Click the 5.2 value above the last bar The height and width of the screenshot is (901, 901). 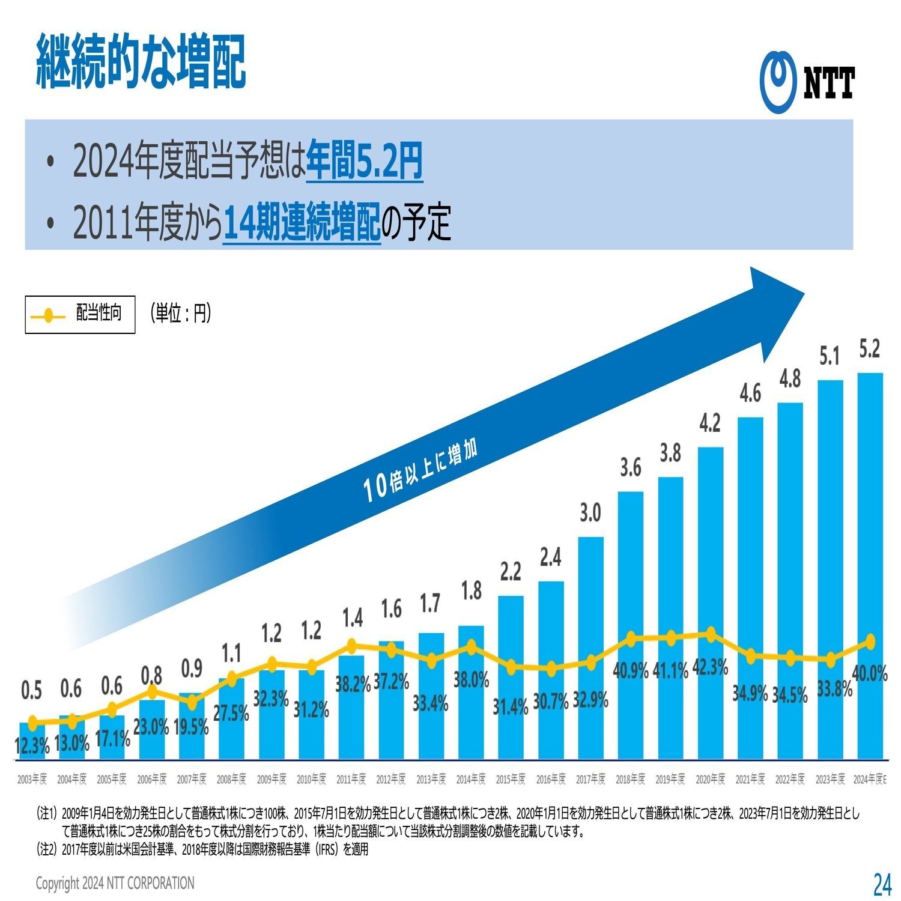869,349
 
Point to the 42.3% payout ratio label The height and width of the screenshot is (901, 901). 710,667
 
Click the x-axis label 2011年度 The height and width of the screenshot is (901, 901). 351,779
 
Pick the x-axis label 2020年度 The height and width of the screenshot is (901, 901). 710,779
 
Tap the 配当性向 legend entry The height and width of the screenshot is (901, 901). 80,314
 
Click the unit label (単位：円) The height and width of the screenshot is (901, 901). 181,313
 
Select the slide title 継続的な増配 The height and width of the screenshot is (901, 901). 141,62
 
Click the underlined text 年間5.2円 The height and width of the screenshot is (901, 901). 364,161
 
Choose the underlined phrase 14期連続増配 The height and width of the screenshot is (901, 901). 302,222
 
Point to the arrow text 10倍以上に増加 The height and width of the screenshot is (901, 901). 420,471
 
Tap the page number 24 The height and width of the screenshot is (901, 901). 881,884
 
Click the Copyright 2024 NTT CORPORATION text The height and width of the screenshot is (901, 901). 115,883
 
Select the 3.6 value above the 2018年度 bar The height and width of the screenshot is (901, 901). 630,467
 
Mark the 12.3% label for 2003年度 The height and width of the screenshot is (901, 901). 32,746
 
